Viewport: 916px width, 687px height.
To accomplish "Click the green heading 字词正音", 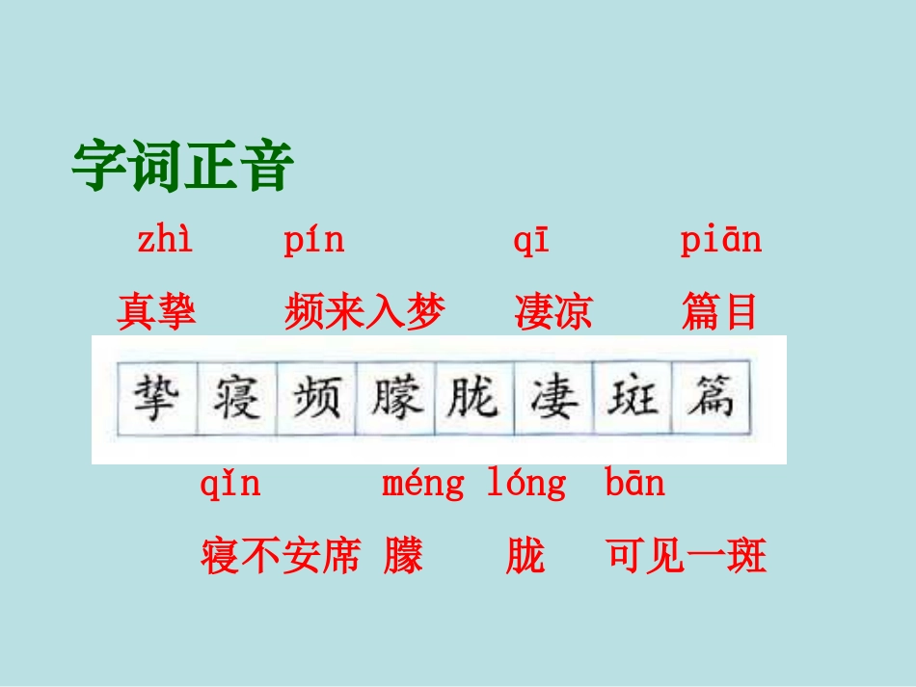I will [x=182, y=166].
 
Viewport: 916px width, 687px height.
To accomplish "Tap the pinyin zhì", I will [x=165, y=240].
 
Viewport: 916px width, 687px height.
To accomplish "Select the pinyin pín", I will [x=314, y=240].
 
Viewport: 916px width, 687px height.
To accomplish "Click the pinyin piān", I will [x=721, y=240].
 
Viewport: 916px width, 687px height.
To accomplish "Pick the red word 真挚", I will [x=157, y=312].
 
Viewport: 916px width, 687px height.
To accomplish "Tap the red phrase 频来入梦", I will [x=365, y=312].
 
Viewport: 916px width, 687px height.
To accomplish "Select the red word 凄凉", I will [x=554, y=312].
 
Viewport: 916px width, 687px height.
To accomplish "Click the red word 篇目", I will [x=719, y=312].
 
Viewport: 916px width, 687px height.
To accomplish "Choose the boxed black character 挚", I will [x=156, y=397].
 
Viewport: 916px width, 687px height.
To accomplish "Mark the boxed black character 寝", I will [x=235, y=397].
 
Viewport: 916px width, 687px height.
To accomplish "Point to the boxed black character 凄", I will [x=553, y=397].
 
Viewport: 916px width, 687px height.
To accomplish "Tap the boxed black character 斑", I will [x=633, y=397].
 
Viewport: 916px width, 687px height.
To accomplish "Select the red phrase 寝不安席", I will [x=281, y=556].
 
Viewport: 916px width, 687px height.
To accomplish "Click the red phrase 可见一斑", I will [x=687, y=556].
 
